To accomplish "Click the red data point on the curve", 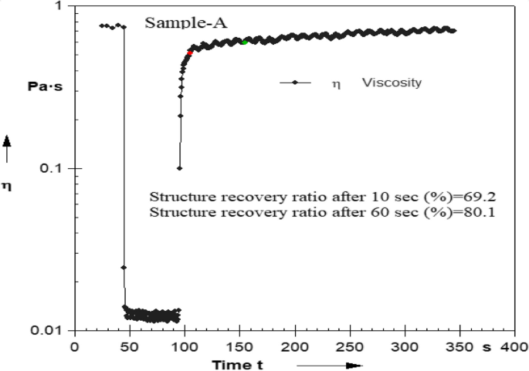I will tap(189, 53).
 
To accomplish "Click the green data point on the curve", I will tap(245, 42).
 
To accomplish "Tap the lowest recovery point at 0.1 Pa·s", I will tap(179, 168).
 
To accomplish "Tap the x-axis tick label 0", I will tap(74, 346).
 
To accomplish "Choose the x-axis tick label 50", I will tap(129, 346).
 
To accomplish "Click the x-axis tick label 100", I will tap(185, 346).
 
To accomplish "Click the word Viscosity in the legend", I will tap(392, 83).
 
